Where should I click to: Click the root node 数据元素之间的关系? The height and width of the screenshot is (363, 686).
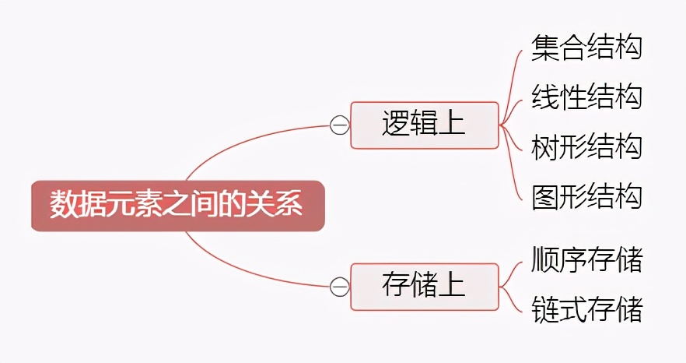(x=177, y=206)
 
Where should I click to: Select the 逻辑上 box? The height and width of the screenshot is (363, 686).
(x=424, y=125)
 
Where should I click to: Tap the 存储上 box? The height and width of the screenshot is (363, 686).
(x=424, y=286)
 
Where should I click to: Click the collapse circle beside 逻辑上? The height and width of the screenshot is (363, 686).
(x=339, y=125)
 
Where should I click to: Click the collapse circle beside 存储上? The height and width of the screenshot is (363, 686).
(x=339, y=287)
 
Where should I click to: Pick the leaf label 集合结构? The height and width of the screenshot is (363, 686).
(x=586, y=47)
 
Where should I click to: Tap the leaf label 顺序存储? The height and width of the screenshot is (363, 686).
(x=586, y=259)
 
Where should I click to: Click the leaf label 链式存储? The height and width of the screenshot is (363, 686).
(x=586, y=309)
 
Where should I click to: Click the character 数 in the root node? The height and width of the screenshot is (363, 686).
(x=65, y=206)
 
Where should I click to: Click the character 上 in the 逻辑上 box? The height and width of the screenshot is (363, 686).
(x=452, y=125)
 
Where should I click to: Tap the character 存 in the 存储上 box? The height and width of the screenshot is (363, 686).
(x=395, y=286)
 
